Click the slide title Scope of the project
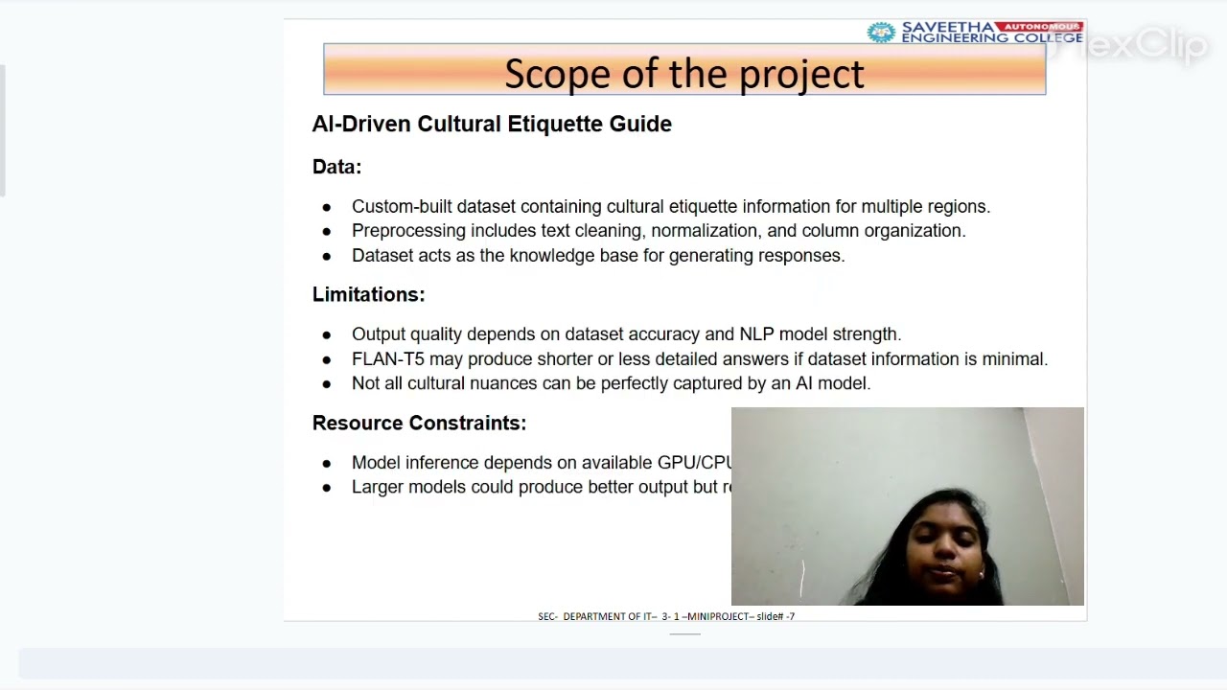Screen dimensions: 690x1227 pos(683,74)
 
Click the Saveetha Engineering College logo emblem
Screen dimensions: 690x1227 pos(880,33)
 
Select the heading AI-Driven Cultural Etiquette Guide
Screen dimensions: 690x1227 pos(492,124)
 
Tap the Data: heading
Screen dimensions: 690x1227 pos(336,167)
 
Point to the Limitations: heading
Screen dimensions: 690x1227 pos(368,294)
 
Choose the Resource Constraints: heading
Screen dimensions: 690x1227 pos(419,423)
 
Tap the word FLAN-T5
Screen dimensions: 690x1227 pos(387,359)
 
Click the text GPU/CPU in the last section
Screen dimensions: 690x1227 pos(694,463)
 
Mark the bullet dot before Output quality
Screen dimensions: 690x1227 pos(327,334)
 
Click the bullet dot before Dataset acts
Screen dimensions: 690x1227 pos(327,256)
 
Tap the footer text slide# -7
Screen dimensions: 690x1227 pos(776,616)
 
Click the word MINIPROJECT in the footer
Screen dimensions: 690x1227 pos(719,616)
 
